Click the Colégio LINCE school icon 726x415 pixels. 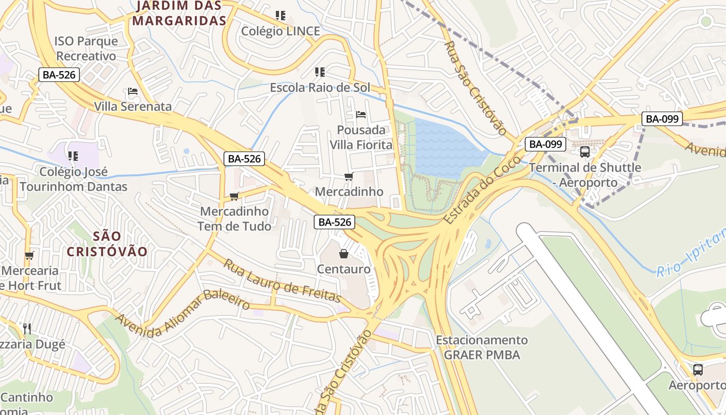point(281,16)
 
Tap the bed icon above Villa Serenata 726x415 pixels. point(133,92)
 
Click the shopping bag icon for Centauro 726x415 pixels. point(343,254)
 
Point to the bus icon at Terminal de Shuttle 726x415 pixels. point(585,152)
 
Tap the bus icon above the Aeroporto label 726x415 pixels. point(698,370)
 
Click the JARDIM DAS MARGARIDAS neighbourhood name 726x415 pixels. point(179,13)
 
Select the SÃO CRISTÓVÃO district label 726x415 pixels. point(107,244)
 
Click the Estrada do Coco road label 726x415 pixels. point(474,189)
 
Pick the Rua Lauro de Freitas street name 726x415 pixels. point(282,281)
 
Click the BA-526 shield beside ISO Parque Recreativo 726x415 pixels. point(59,75)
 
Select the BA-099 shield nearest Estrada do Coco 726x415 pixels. point(545,144)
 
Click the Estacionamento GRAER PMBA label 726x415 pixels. point(482,348)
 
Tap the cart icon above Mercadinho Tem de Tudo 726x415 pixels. point(234,196)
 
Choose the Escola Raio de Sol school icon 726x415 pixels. point(319,72)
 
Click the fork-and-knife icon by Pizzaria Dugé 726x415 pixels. point(27,328)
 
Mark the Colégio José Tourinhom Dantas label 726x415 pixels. point(73,179)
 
